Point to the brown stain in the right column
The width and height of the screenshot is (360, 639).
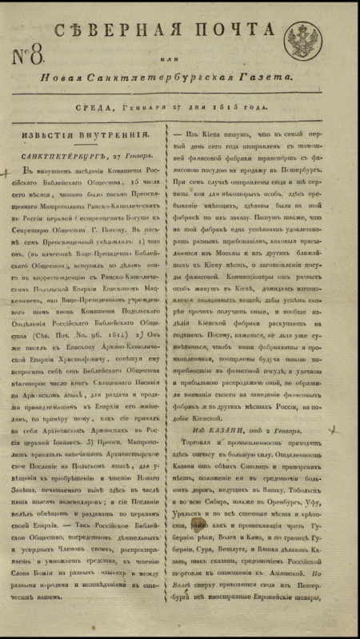click(x=197, y=523)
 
